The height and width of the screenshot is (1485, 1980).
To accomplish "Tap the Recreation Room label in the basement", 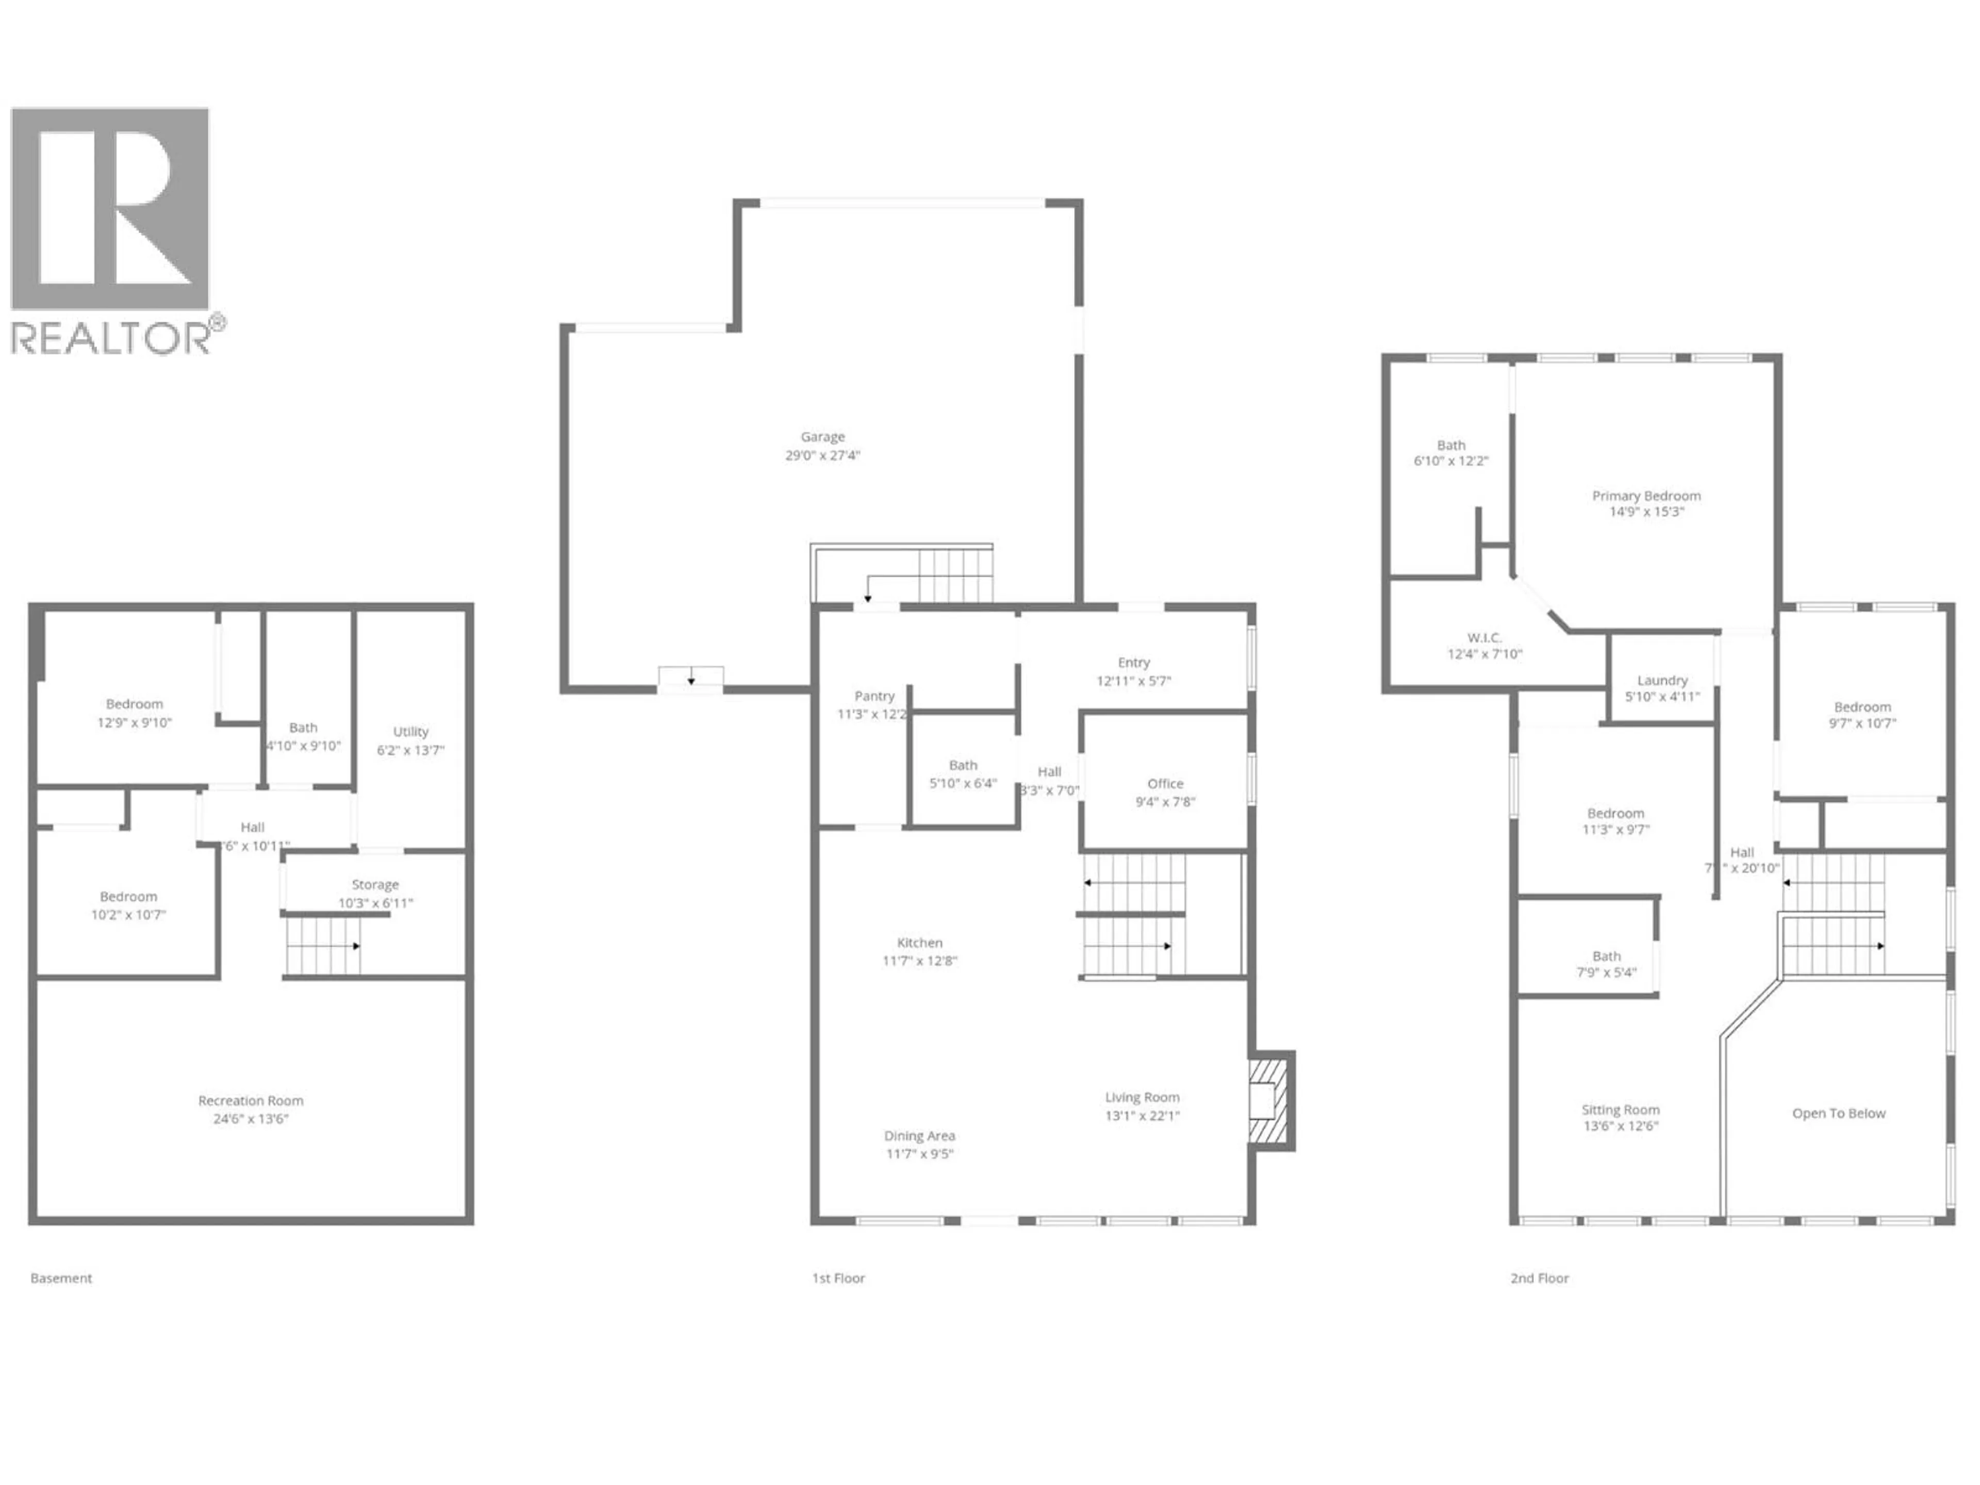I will [251, 1101].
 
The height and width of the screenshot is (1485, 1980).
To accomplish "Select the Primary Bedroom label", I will [1646, 496].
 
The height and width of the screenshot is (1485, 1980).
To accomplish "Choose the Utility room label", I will [411, 731].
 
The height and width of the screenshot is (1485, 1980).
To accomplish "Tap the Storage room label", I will [375, 884].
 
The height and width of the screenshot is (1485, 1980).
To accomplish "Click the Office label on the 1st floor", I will [1165, 783].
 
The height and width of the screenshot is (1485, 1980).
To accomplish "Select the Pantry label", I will [873, 696].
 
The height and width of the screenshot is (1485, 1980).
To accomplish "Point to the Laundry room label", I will [1662, 680].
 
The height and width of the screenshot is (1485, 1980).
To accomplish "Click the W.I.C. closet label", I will [1484, 637].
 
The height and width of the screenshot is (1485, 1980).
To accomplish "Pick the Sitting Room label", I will [1620, 1110].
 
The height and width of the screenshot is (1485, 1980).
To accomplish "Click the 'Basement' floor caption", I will [61, 1278].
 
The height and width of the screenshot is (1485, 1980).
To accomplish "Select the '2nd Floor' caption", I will [1540, 1278].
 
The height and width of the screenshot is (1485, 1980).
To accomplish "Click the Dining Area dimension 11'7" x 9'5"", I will [919, 1154].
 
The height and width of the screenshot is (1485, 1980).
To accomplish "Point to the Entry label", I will [1133, 663].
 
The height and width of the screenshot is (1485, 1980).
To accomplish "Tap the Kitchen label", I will [919, 943].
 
